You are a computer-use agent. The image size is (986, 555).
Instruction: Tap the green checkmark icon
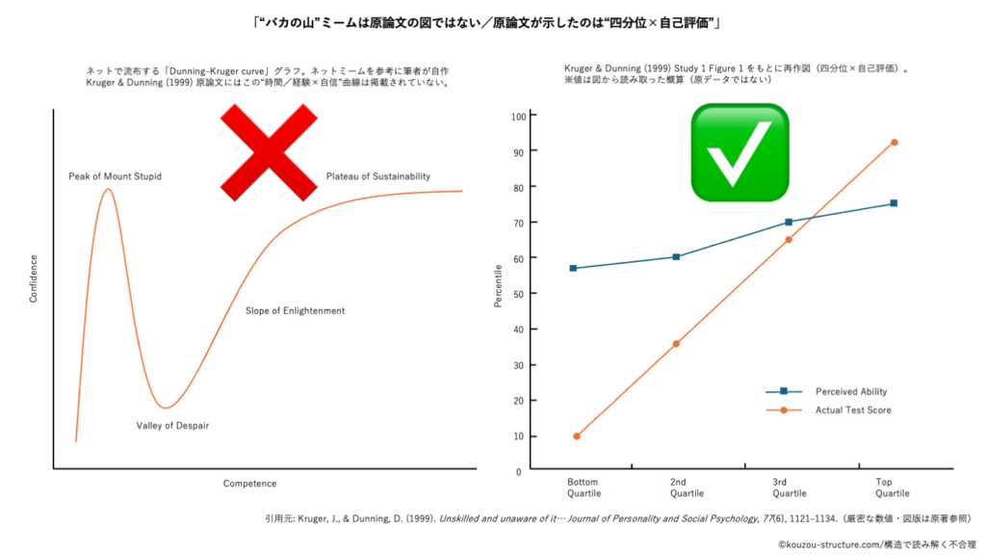click(739, 152)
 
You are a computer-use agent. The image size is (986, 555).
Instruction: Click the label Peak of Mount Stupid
click(115, 176)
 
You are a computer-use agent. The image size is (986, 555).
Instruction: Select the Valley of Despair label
click(172, 425)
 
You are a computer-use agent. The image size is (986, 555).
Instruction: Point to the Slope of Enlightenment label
click(295, 310)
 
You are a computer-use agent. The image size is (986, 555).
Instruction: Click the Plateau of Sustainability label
click(377, 176)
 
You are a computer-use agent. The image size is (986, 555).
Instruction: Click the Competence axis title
click(249, 483)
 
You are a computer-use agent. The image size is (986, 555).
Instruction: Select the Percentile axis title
click(498, 286)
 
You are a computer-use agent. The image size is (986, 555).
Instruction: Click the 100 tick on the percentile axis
click(518, 116)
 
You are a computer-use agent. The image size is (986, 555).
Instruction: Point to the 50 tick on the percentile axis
click(520, 294)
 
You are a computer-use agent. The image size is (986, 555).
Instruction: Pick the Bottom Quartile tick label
click(583, 487)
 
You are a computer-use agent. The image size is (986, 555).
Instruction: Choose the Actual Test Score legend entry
click(852, 410)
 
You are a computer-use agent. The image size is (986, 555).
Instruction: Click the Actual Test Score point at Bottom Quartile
click(576, 436)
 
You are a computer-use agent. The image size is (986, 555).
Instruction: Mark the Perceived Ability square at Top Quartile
click(894, 203)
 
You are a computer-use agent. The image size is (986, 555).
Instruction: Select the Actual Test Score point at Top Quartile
click(894, 143)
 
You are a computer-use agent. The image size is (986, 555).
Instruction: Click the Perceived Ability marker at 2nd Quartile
click(676, 257)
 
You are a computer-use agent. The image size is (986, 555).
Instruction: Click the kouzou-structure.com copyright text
click(877, 544)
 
